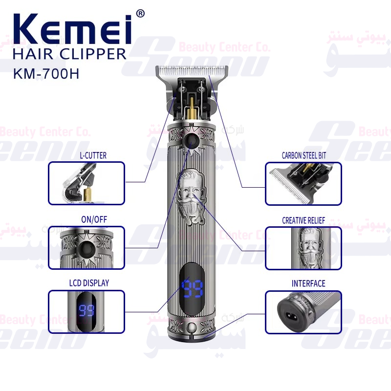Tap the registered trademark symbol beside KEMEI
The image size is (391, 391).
pos(140,14)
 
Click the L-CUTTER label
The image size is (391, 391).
pos(92,155)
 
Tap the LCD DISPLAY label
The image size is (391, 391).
pos(88,283)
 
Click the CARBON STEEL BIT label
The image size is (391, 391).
pos(304,155)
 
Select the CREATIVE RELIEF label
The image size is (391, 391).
pos(303,220)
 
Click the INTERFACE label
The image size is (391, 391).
pos(308,283)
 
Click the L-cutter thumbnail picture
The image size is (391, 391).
pos(87,183)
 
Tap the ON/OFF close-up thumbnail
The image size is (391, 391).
pos(87,248)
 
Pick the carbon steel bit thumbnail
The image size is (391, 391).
pos(303,183)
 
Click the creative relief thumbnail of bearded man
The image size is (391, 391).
pos(303,248)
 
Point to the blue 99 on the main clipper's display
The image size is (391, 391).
pos(192,289)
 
